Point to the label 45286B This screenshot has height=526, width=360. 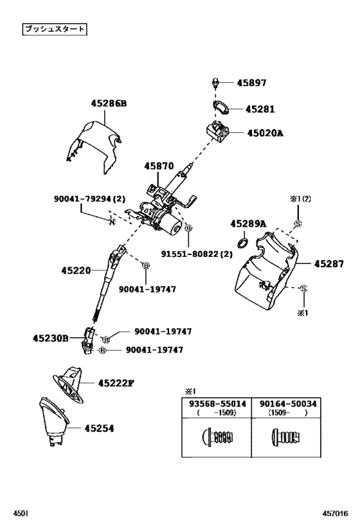pyautogui.click(x=107, y=103)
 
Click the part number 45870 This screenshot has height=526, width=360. pyautogui.click(x=159, y=166)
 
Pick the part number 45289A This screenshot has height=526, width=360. pyautogui.click(x=248, y=224)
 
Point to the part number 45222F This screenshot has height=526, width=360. pyautogui.click(x=116, y=383)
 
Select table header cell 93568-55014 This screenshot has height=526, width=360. pyautogui.click(x=217, y=404)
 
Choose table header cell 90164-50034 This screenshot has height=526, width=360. pyautogui.click(x=288, y=404)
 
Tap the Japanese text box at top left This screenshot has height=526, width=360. pyautogui.click(x=54, y=29)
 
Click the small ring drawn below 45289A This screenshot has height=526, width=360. pyautogui.click(x=243, y=242)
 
